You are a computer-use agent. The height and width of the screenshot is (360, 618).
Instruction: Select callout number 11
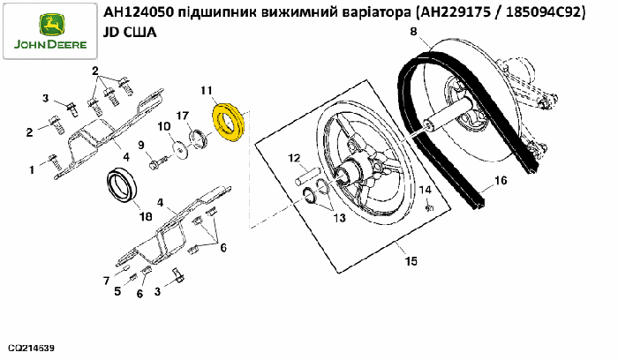coord(207,90)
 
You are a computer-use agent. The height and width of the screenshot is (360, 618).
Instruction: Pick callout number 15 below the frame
coord(410,261)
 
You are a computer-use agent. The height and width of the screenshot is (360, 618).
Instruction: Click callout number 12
coord(295,159)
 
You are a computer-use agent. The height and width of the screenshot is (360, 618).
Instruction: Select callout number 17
coord(183,116)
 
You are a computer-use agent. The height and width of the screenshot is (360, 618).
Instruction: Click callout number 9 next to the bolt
coord(139,146)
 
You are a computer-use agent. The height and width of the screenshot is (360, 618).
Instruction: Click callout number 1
coord(32,167)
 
